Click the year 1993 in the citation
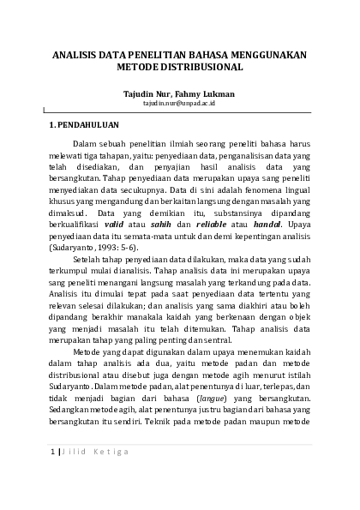[x=105, y=245]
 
